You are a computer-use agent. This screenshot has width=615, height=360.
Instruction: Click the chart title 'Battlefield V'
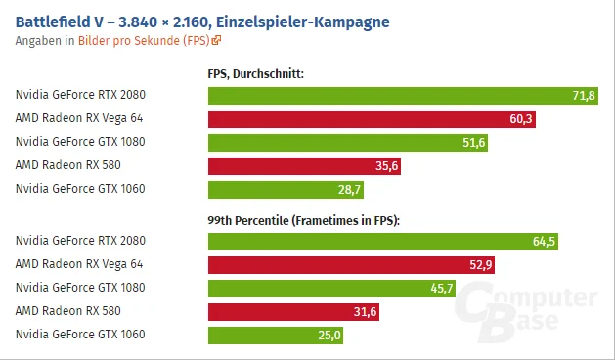click(59, 22)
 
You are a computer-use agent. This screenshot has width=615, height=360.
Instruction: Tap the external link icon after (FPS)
click(216, 40)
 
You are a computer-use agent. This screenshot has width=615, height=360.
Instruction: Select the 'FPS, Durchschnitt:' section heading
click(256, 73)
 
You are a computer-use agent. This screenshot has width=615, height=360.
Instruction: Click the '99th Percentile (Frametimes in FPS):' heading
click(303, 221)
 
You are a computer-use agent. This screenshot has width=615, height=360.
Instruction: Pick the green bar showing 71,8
click(403, 96)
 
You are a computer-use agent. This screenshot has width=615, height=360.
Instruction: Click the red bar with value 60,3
click(372, 119)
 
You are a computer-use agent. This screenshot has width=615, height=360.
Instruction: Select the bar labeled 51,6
click(348, 143)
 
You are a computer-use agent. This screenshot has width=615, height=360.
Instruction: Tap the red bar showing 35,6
click(304, 166)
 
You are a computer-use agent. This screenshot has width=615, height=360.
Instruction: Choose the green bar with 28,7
click(286, 190)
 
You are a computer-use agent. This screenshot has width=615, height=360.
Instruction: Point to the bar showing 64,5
click(383, 242)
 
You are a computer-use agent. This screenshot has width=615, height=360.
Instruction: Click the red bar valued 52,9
click(351, 265)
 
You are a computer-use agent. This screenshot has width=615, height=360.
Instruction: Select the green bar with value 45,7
click(331, 289)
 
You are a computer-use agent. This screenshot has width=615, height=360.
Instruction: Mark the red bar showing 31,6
click(293, 312)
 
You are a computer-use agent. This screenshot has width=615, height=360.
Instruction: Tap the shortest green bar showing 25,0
click(276, 336)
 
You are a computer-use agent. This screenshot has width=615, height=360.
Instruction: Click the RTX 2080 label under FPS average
click(80, 95)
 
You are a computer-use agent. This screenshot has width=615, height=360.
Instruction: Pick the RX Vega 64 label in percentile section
click(79, 264)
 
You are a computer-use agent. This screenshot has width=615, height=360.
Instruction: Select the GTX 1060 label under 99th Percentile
click(80, 335)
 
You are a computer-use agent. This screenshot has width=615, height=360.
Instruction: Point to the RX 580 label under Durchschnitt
click(68, 165)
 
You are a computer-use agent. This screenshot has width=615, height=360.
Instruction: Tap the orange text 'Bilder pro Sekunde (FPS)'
click(144, 40)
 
